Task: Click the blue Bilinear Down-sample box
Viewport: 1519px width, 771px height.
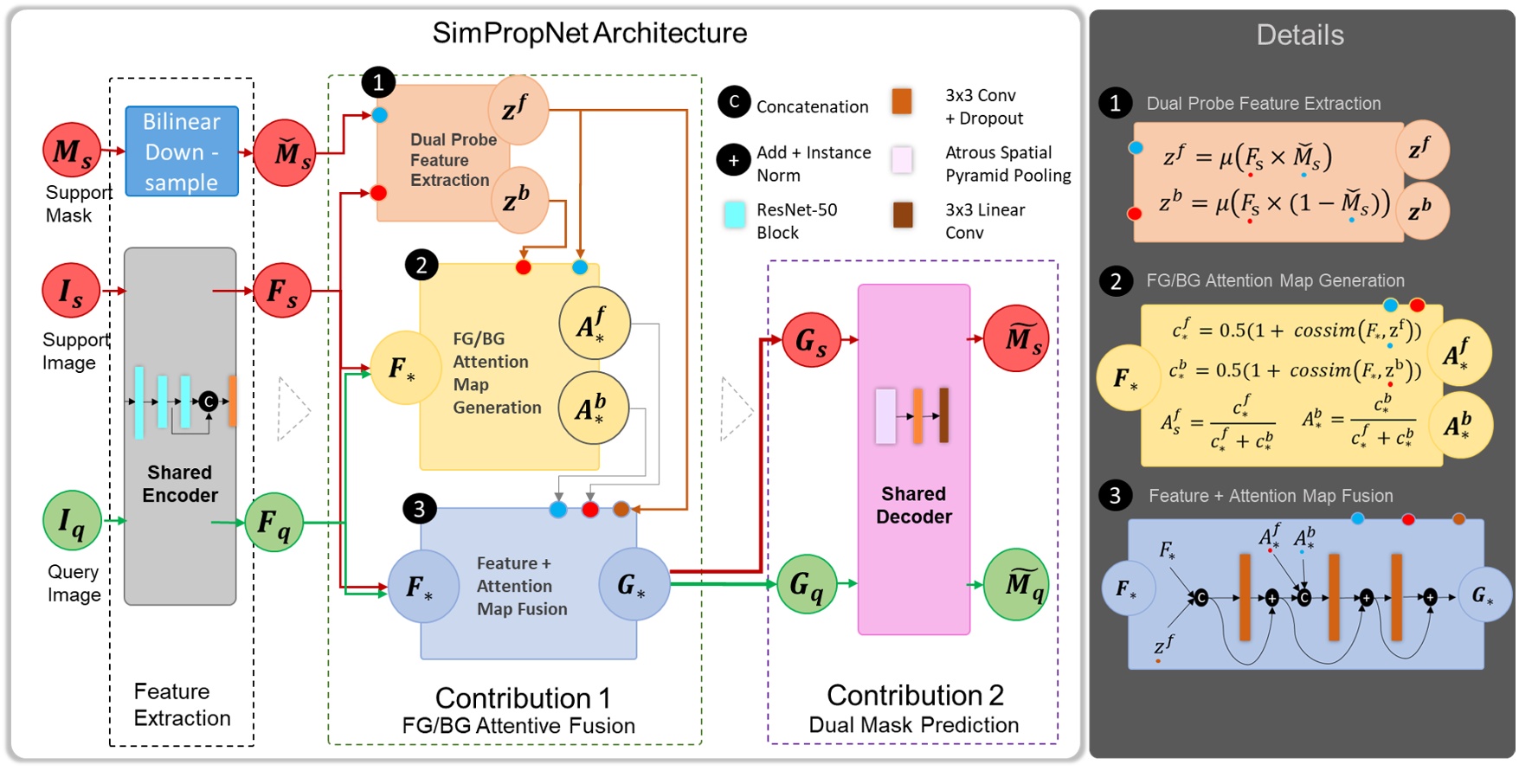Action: point(182,151)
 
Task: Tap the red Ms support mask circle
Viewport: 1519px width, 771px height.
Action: point(72,151)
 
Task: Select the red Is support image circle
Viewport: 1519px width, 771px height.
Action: point(71,291)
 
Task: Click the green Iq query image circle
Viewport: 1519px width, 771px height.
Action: point(72,520)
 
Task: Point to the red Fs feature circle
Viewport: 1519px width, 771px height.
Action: point(282,291)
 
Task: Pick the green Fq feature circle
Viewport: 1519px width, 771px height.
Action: point(274,522)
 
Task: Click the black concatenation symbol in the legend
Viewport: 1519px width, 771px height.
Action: point(734,102)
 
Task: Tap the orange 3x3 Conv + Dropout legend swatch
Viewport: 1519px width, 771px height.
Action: point(902,101)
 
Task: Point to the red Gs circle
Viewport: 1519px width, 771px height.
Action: point(811,341)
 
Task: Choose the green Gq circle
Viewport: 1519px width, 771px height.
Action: point(807,585)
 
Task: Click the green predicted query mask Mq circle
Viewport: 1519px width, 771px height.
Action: point(1016,585)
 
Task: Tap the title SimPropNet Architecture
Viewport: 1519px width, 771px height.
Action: point(589,33)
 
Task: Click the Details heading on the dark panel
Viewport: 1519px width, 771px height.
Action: point(1300,35)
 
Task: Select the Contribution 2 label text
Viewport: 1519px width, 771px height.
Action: point(915,695)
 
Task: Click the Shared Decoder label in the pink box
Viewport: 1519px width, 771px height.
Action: point(913,505)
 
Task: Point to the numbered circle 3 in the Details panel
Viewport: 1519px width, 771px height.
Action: point(1115,495)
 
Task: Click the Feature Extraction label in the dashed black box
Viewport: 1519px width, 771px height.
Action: point(183,704)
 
